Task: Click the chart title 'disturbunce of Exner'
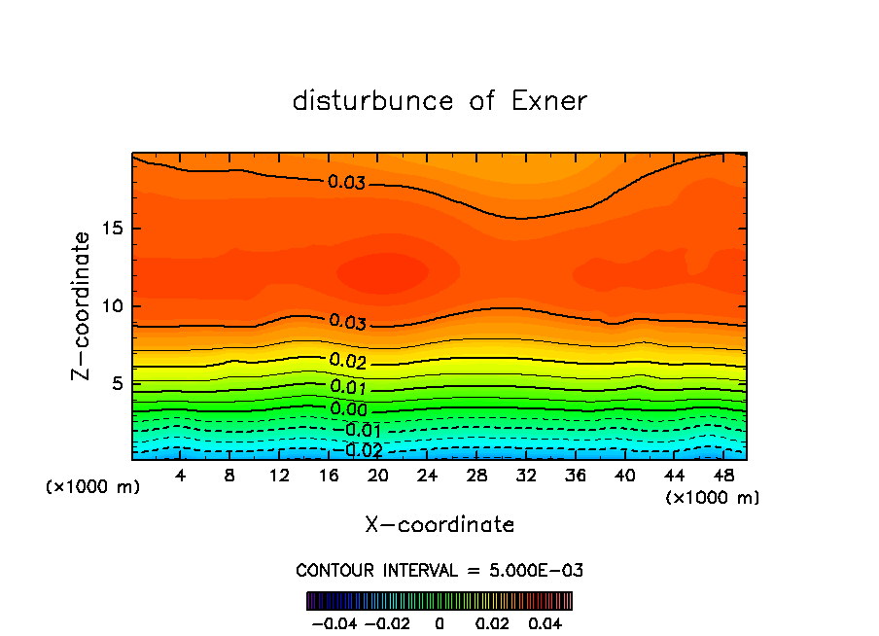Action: click(x=439, y=101)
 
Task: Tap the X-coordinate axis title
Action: click(x=439, y=525)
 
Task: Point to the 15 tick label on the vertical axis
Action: click(x=111, y=229)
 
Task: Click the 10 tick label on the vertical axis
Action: click(x=111, y=306)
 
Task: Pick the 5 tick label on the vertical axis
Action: click(x=117, y=384)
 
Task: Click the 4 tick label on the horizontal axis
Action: click(x=181, y=476)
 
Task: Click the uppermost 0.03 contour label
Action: click(x=347, y=182)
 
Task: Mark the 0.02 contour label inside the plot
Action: click(x=347, y=361)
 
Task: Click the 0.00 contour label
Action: click(x=349, y=409)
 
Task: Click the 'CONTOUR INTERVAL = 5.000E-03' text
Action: click(x=439, y=570)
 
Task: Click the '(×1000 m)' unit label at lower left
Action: click(x=93, y=487)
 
